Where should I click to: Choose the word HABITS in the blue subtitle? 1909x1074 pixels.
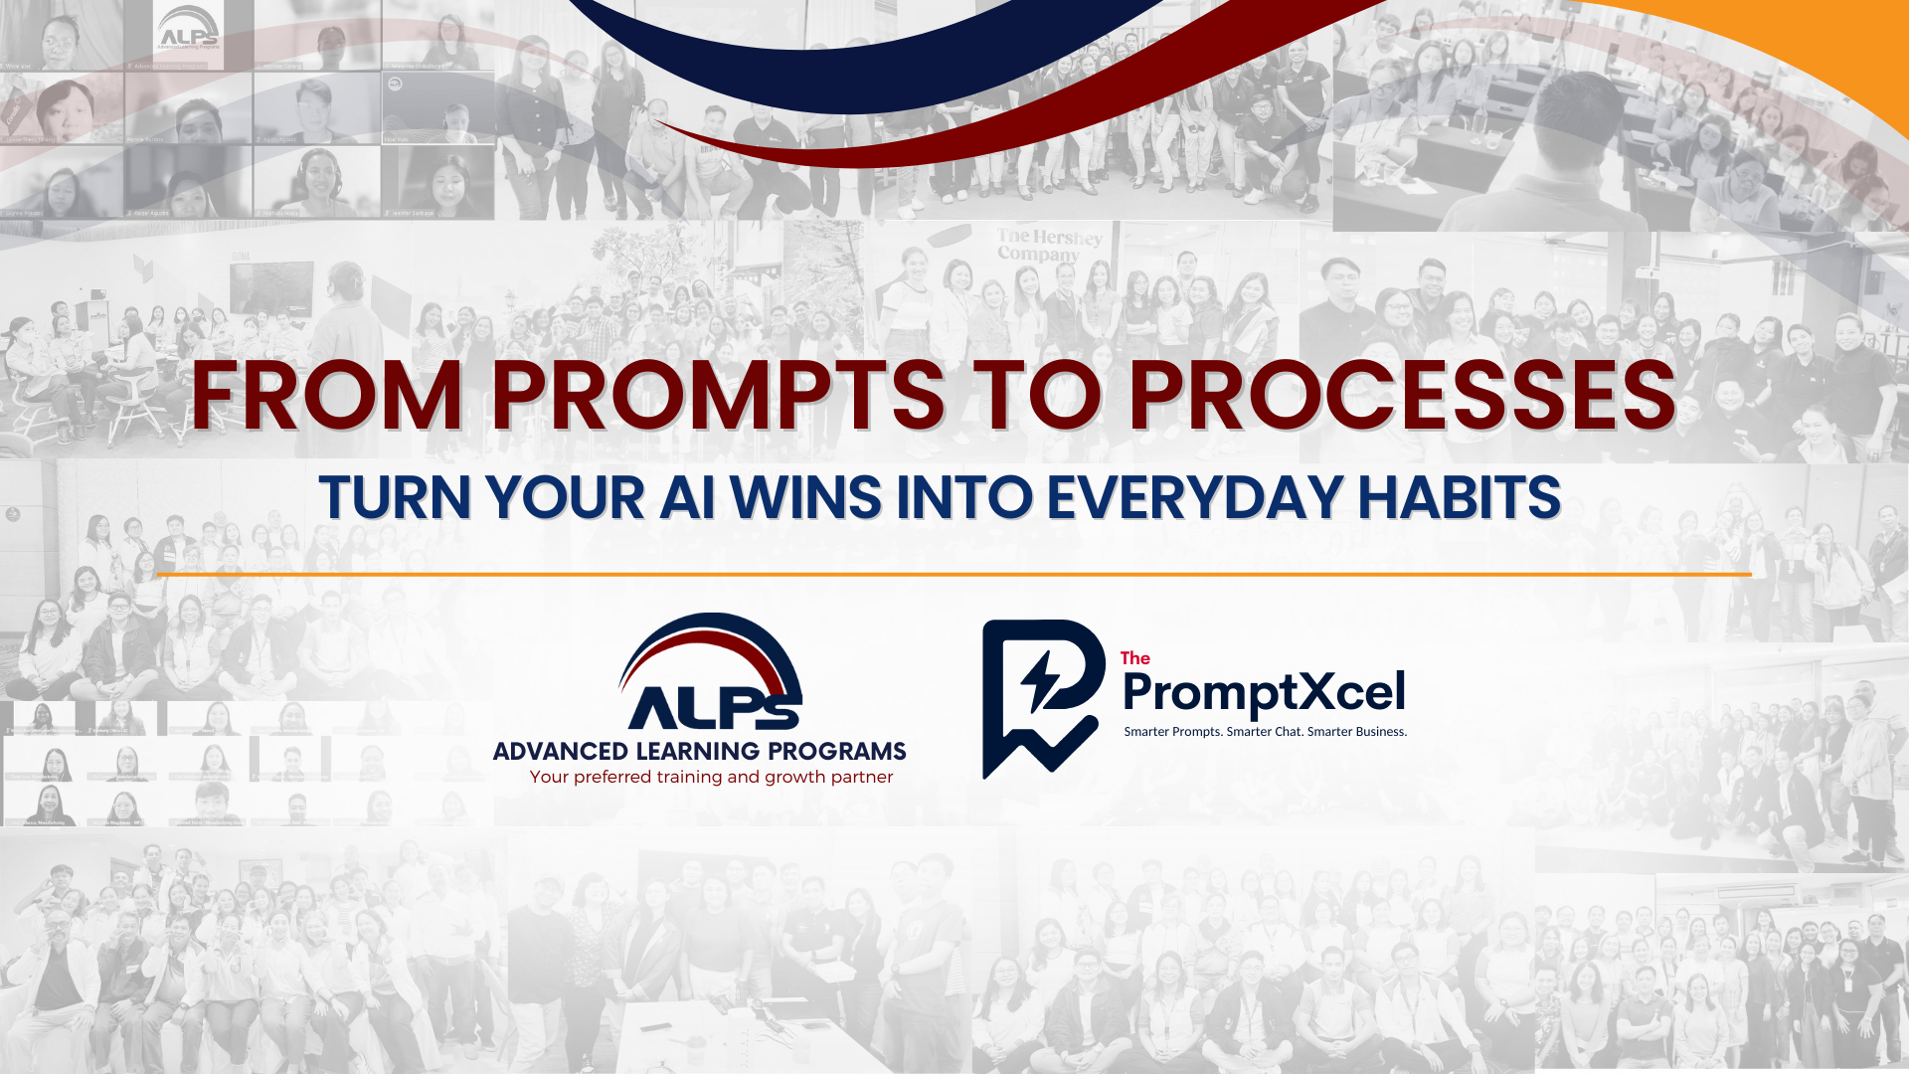(x=1459, y=497)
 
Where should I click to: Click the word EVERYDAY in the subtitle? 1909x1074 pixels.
(x=1194, y=497)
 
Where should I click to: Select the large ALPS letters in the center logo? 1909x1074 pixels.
(x=713, y=707)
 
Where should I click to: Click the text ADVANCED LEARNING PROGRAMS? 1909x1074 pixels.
(x=699, y=751)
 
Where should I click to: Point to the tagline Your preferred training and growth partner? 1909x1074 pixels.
(x=711, y=777)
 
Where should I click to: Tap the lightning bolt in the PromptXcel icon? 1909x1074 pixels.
(x=1041, y=681)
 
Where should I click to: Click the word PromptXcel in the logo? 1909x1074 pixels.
(x=1264, y=692)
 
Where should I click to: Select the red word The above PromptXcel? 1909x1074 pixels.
(x=1134, y=658)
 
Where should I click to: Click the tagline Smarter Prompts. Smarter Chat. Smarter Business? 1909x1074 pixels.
(x=1265, y=732)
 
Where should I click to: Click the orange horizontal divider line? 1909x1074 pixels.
(x=954, y=574)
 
